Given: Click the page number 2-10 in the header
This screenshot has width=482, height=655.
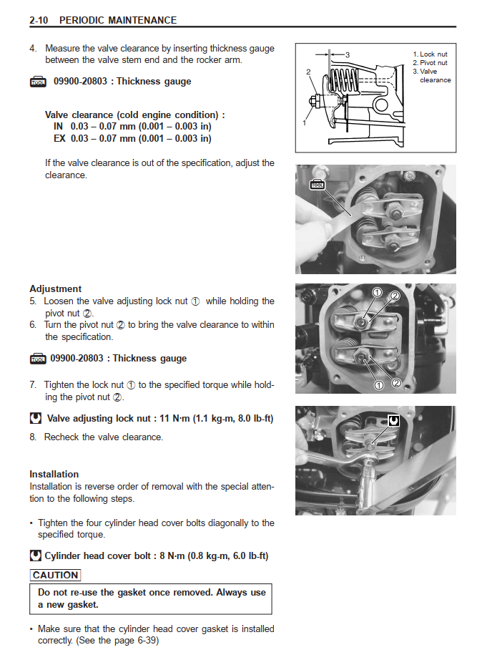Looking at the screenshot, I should (x=39, y=21).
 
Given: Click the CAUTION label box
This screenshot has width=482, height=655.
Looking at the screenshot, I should (x=55, y=575).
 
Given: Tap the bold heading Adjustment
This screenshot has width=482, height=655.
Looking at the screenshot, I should (x=55, y=289).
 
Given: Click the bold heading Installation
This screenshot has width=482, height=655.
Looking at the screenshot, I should (x=54, y=474).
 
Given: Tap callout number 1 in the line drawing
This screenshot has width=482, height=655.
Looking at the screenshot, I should (x=305, y=123).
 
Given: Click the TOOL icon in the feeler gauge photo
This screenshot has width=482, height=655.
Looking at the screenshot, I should (x=318, y=185).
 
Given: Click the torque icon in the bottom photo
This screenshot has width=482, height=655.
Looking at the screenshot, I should (x=393, y=420).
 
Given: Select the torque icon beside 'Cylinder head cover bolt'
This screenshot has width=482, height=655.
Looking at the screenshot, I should (x=36, y=555).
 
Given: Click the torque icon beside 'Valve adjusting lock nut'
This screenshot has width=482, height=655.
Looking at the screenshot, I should (x=36, y=418).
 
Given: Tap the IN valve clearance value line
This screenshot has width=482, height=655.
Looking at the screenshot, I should (x=132, y=126).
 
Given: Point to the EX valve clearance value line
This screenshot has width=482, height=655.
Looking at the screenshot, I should (x=132, y=138).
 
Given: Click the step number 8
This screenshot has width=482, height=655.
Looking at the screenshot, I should (x=33, y=437).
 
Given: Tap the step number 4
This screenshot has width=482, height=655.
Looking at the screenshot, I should (x=33, y=49).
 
